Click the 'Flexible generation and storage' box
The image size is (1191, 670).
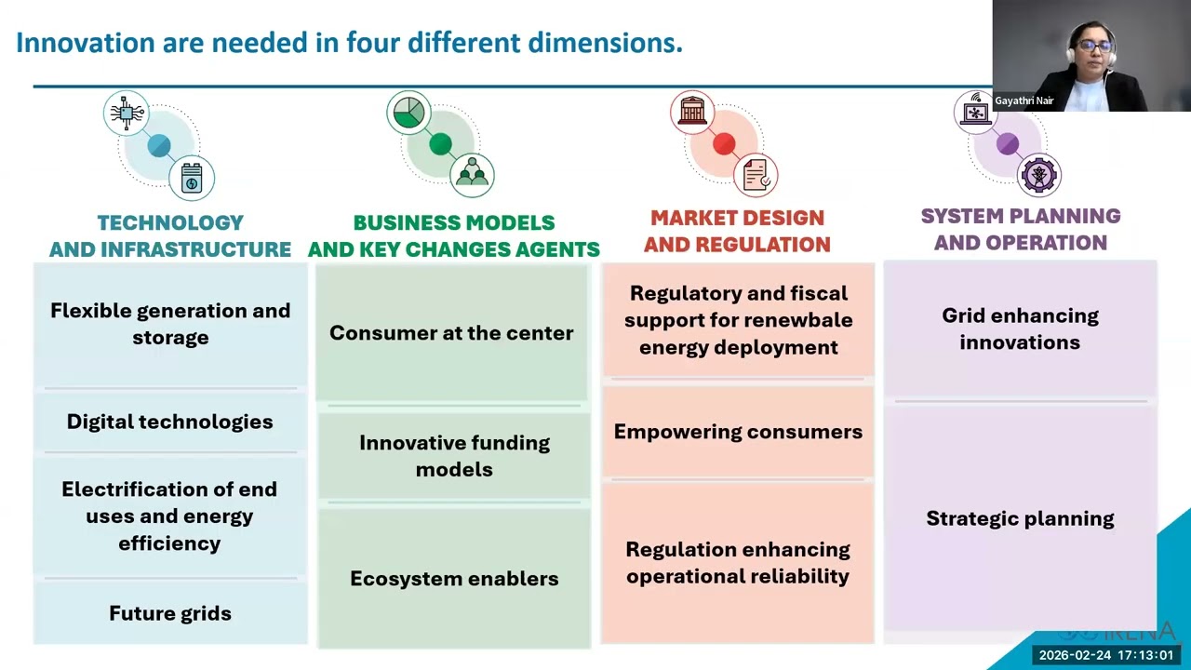click(170, 324)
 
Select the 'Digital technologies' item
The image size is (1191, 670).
click(170, 422)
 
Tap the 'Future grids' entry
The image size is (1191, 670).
click(170, 613)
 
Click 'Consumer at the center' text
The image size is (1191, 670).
click(451, 333)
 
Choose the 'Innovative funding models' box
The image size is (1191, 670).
click(454, 456)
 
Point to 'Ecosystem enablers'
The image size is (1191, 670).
click(454, 578)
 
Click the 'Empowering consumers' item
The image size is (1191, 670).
click(738, 432)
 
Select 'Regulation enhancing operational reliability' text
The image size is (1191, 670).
click(738, 562)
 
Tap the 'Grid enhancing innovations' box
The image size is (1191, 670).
click(1020, 328)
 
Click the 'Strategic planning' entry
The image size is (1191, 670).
click(1020, 518)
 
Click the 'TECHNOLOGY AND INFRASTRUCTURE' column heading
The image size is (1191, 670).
click(170, 235)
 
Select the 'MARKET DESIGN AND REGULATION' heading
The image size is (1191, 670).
click(737, 231)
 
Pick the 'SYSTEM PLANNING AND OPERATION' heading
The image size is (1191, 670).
click(1021, 229)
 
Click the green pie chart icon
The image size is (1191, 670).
click(408, 113)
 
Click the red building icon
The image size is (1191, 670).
click(692, 112)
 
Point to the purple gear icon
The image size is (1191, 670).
click(1038, 174)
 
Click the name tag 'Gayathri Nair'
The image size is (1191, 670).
click(1024, 100)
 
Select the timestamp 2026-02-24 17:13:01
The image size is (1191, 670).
click(1105, 655)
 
